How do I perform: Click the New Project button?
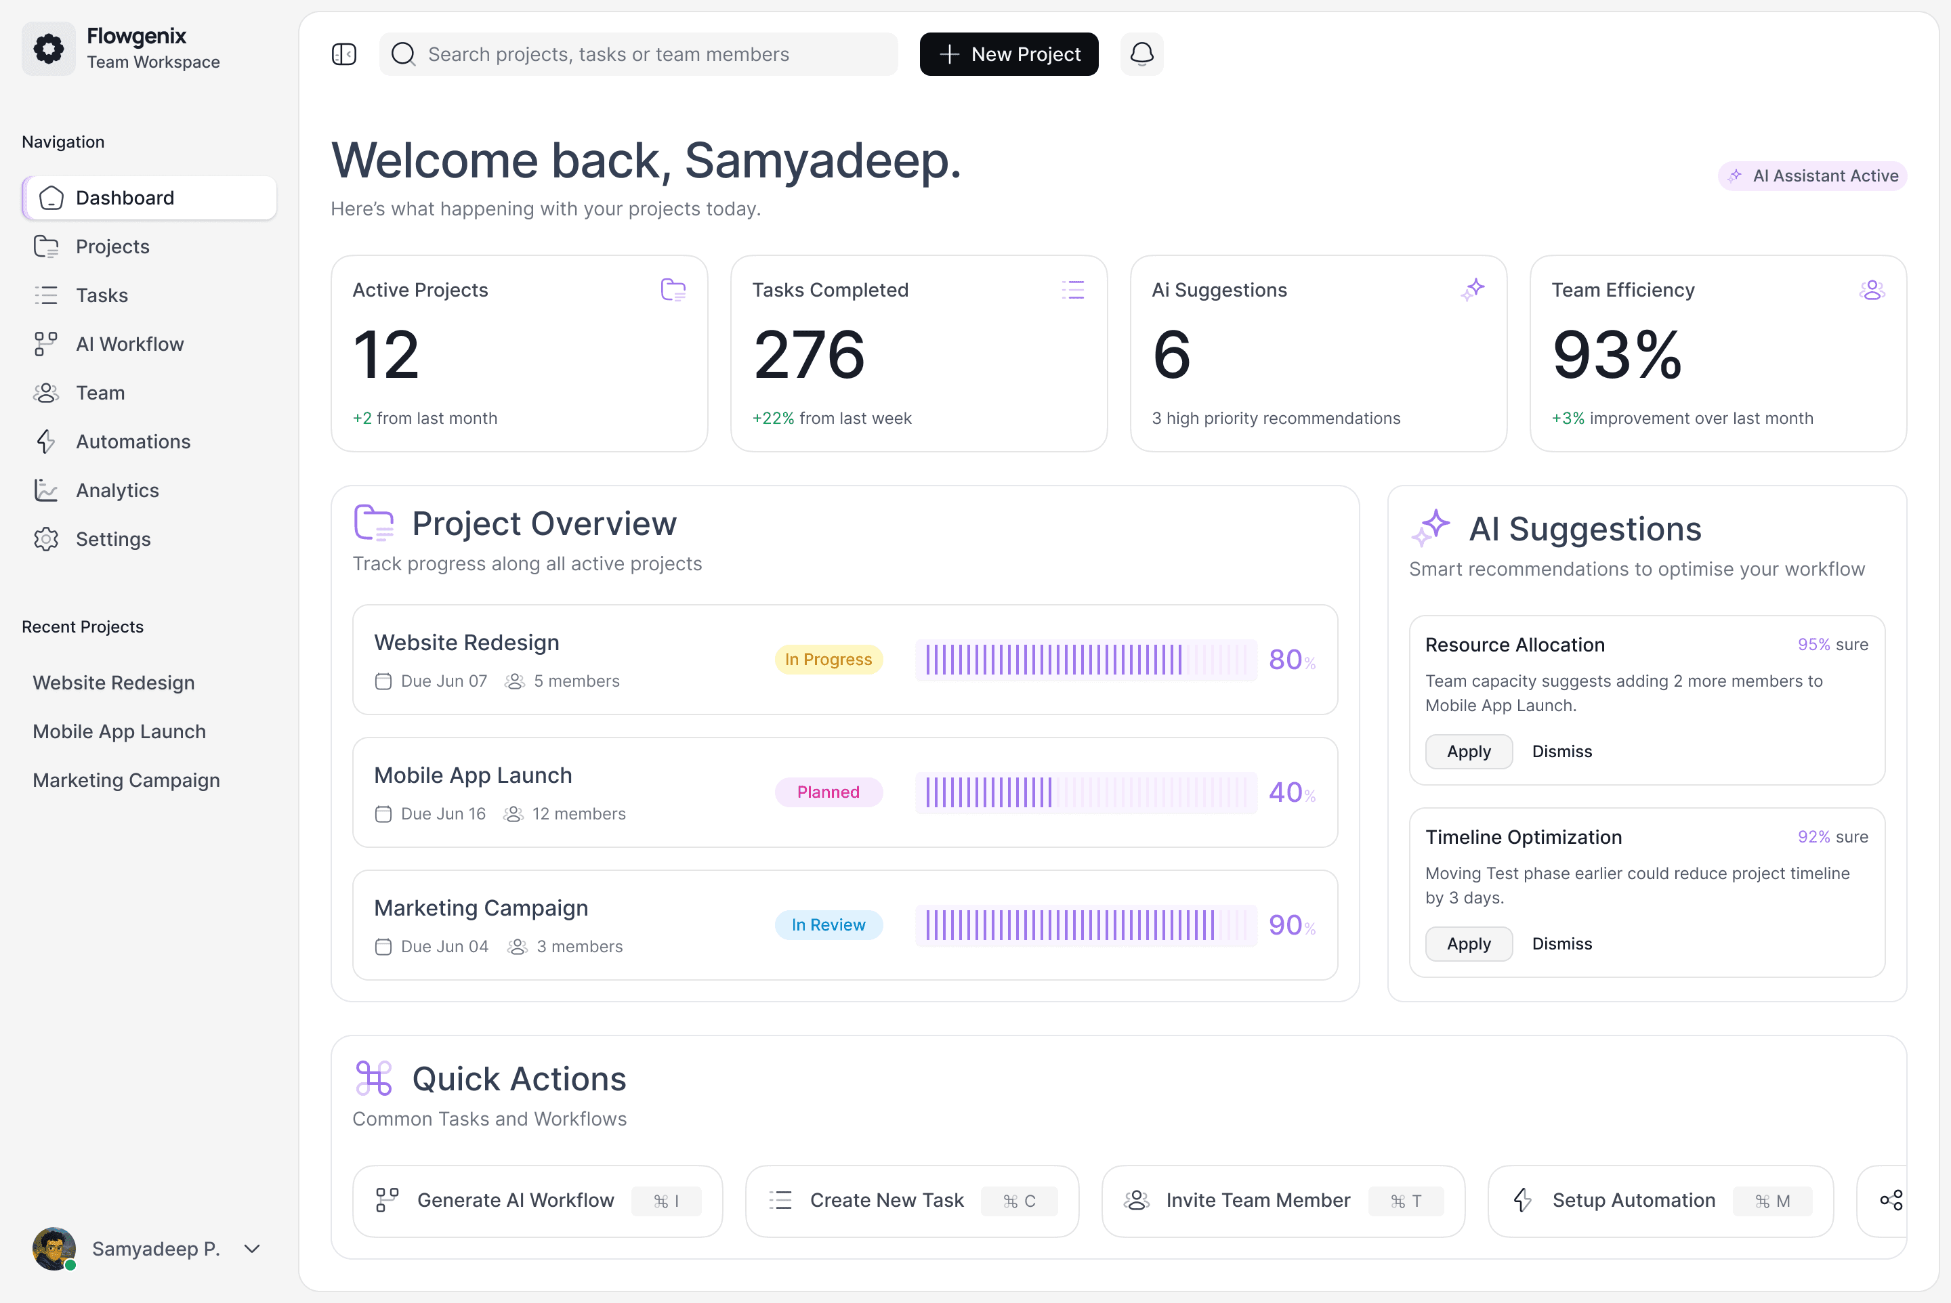coord(1008,54)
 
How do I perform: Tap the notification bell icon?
coord(1141,54)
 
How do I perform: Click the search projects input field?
coord(638,54)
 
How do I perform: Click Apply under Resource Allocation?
coord(1469,751)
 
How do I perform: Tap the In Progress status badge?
coord(828,659)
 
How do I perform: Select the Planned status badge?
coord(828,792)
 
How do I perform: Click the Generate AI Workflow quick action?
coord(538,1201)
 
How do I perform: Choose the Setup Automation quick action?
coord(1661,1201)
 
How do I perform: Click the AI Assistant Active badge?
coord(1812,176)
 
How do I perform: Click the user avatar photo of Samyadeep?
coord(54,1249)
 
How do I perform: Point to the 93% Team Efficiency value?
coord(1617,355)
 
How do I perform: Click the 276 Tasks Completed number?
coord(809,355)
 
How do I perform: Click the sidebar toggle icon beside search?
coord(344,54)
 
